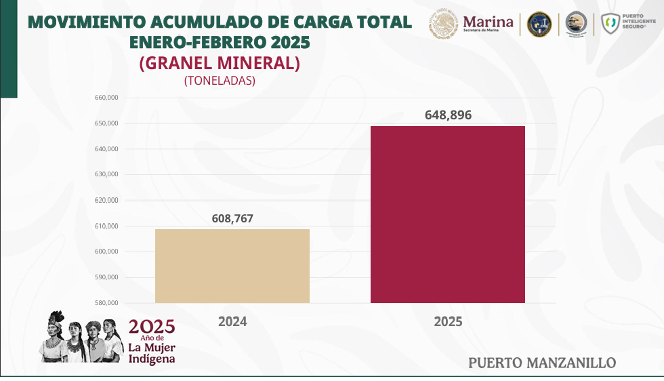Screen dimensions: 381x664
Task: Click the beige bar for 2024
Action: (232, 266)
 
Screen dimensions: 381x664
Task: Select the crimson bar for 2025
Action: (447, 214)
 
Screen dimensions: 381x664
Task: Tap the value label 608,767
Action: (232, 218)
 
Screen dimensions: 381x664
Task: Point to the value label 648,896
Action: (448, 115)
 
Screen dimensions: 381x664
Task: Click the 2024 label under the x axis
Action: (232, 321)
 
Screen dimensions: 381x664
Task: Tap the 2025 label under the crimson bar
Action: (448, 321)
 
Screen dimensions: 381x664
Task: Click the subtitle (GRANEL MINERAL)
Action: (219, 63)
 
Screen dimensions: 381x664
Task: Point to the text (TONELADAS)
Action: (219, 80)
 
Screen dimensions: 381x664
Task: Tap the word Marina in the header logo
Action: (488, 21)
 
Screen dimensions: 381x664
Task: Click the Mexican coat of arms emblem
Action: (444, 24)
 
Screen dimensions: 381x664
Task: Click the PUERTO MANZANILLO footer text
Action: (542, 363)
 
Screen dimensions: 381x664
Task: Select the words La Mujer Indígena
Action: (152, 353)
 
